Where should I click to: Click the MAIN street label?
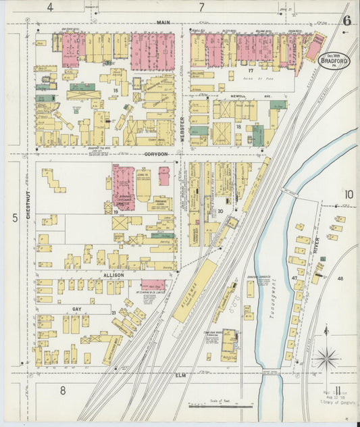[x=163, y=22]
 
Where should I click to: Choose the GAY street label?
[x=77, y=308]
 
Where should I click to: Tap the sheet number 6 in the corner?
[x=346, y=20]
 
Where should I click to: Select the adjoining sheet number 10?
[x=348, y=195]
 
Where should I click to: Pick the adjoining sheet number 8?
[x=62, y=390]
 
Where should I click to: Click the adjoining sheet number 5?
[x=15, y=218]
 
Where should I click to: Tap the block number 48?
[x=340, y=278]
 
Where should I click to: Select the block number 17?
[x=250, y=70]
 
